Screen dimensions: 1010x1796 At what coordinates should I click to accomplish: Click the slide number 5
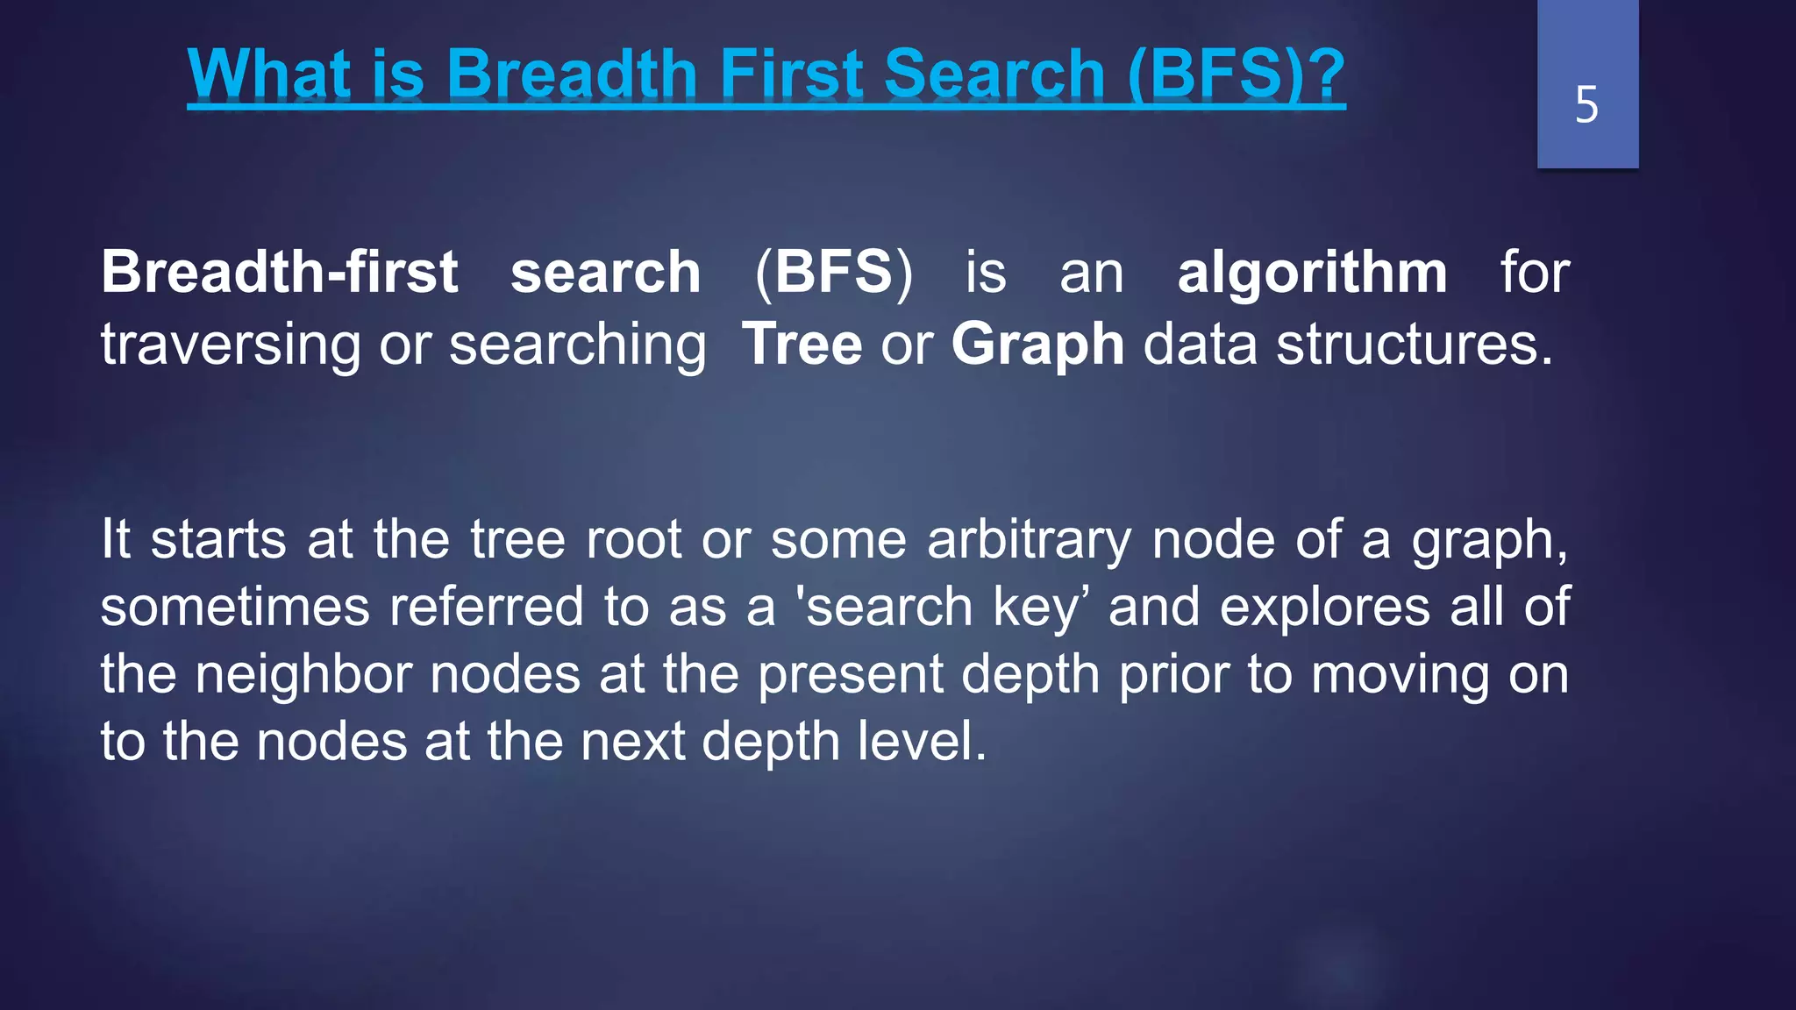coord(1586,105)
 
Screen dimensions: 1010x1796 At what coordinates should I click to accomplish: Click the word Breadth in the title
coord(573,74)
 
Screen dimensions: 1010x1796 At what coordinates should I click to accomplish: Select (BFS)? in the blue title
coord(1237,74)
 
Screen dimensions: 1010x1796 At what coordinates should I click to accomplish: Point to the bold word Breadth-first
coord(279,272)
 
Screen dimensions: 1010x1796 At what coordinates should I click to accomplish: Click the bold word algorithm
coord(1312,272)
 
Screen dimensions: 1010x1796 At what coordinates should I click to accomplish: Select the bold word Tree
coord(802,344)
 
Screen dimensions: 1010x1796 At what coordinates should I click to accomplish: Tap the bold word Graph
coord(1037,344)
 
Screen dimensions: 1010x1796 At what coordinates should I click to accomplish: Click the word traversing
coord(230,344)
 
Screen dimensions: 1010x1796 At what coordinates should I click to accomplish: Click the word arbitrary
coord(1029,539)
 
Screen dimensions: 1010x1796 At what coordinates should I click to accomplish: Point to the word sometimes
coord(235,607)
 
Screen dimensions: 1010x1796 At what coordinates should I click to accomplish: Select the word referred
coord(487,607)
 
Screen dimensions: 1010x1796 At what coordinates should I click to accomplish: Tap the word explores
coord(1324,607)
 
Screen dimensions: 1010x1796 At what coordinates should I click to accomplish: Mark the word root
coord(633,539)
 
